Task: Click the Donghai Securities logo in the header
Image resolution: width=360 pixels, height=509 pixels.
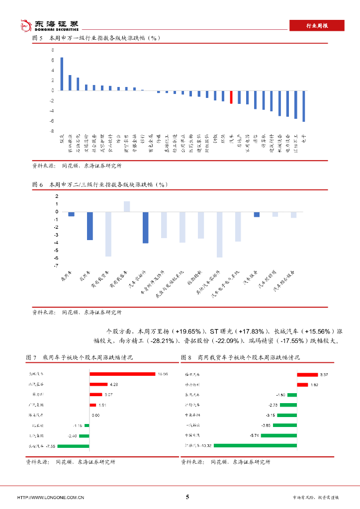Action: click(49, 25)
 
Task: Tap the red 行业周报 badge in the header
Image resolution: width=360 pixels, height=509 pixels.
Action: click(317, 26)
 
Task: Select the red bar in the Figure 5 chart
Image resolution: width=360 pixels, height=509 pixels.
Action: click(231, 96)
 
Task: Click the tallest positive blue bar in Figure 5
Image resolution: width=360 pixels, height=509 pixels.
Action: click(62, 74)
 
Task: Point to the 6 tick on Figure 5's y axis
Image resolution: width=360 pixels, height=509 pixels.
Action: click(53, 60)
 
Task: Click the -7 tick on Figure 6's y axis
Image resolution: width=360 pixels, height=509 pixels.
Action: click(57, 265)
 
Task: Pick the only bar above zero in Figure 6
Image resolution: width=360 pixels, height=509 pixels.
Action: click(127, 206)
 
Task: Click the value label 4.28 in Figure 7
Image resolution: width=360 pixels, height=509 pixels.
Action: click(114, 384)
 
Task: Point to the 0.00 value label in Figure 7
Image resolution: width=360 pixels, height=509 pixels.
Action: click(95, 415)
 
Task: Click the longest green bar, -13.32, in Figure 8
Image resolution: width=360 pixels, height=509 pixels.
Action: click(255, 445)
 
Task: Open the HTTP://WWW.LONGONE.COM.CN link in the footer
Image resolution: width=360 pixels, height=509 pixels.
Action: click(51, 498)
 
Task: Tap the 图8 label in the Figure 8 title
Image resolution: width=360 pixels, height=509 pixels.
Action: click(186, 357)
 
